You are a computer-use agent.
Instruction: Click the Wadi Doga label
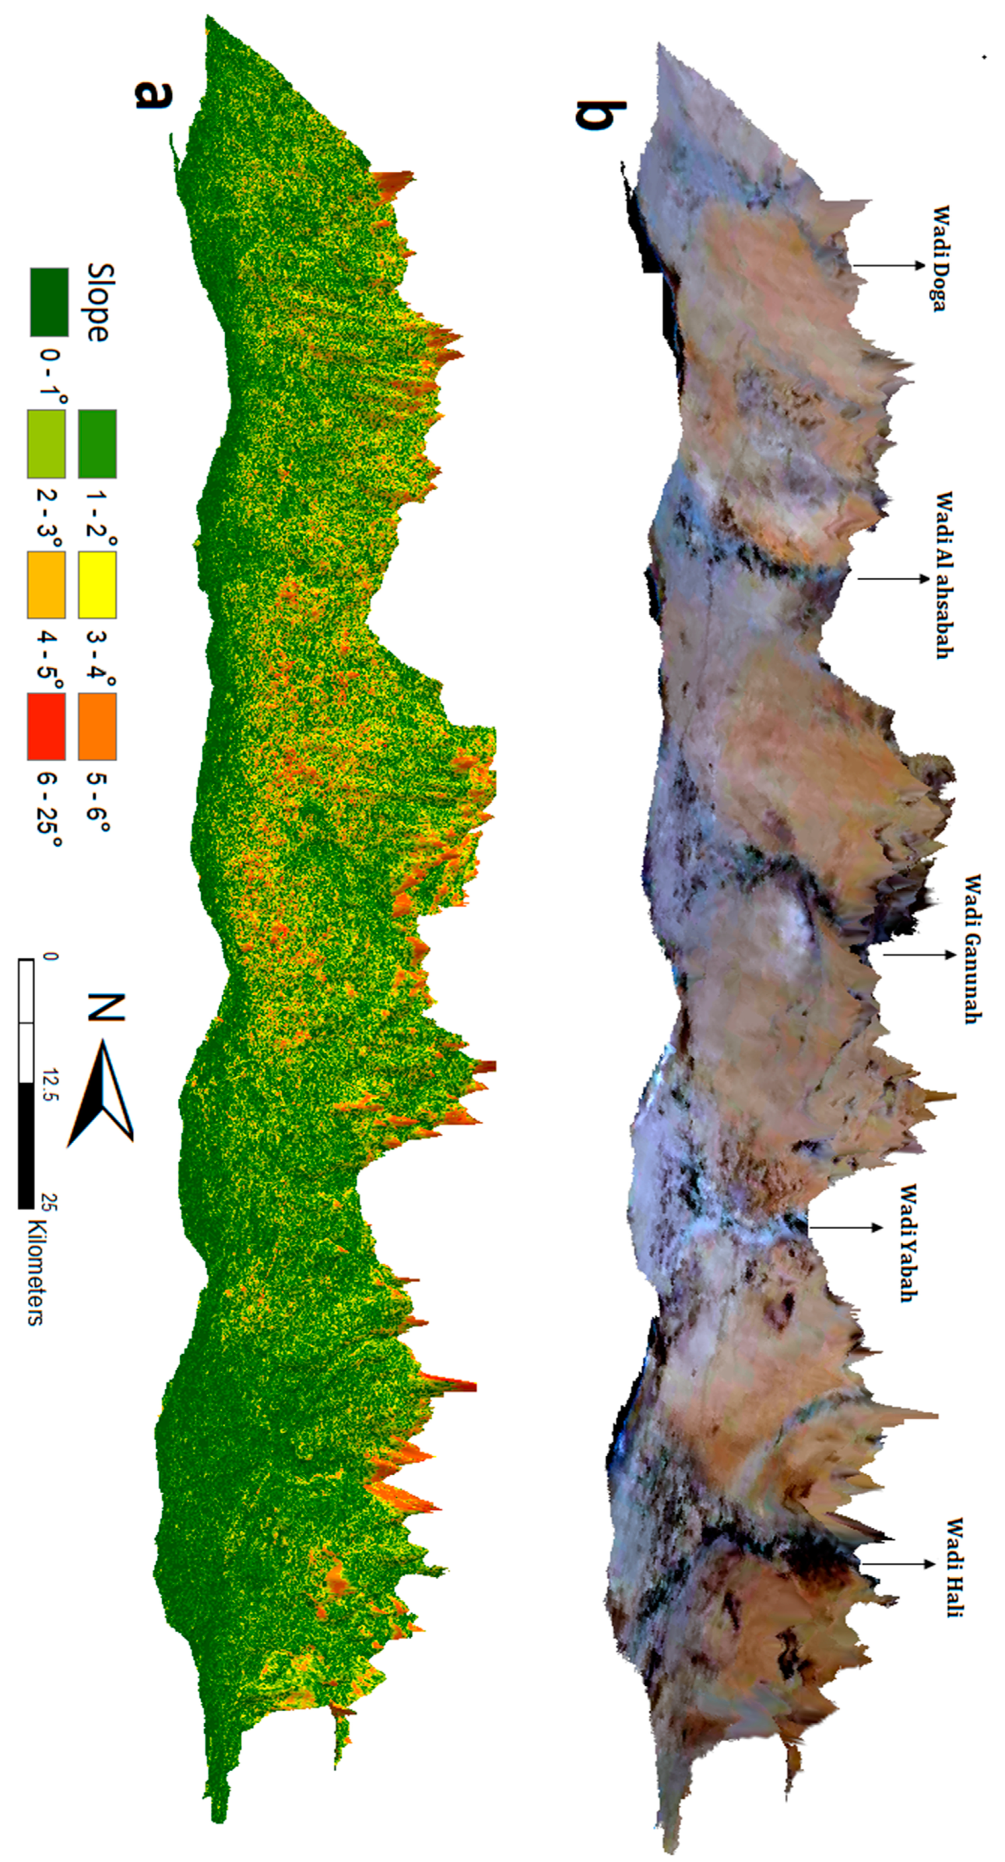939,258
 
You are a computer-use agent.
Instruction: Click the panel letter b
600,116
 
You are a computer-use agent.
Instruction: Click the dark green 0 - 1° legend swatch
49,302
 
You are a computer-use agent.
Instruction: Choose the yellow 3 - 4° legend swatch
98,585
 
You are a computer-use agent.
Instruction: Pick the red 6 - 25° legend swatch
46,727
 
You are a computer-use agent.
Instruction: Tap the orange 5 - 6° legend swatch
98,727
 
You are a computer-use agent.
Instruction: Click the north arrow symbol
101,1092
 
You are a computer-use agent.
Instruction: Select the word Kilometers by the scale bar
35,1272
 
